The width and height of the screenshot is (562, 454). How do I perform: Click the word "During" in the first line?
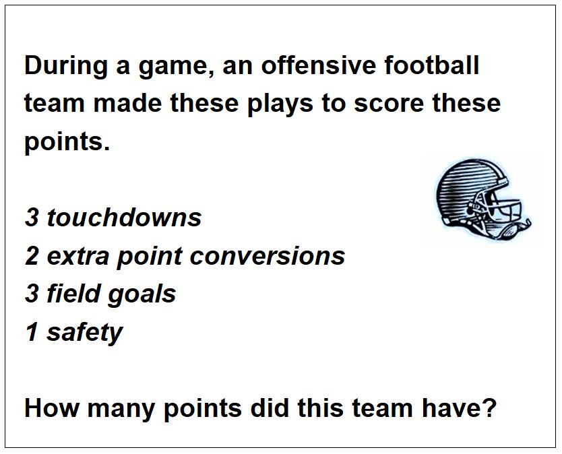coord(66,65)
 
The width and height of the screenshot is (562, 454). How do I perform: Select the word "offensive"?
coord(319,65)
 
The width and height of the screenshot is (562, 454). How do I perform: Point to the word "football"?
coord(431,65)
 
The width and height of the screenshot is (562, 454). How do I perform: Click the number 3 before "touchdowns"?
coord(32,218)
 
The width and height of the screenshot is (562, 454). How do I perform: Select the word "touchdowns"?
coord(124,217)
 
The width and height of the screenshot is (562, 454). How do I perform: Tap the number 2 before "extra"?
coord(32,256)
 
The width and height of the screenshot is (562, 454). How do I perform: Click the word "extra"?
coord(77,257)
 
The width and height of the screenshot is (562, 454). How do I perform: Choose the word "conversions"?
coord(267,257)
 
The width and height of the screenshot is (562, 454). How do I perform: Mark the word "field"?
coord(73,294)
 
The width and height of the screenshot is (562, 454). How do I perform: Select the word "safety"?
coord(85,333)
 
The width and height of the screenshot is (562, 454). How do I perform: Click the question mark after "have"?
coord(489,408)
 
